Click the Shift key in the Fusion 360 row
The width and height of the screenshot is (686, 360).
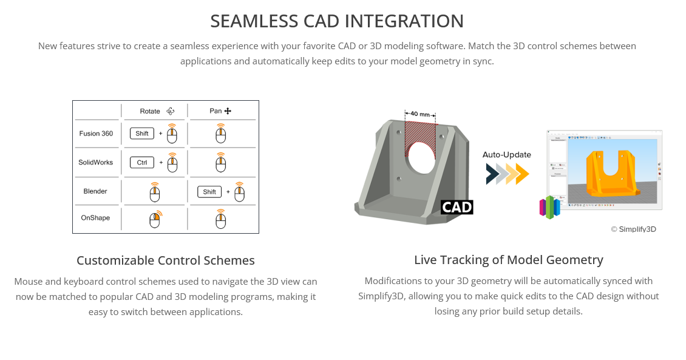142,134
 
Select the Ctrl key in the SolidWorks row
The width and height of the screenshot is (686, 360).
142,163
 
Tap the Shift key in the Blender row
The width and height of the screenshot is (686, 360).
209,192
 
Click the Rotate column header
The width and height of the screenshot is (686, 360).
150,111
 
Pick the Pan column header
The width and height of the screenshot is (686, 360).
216,111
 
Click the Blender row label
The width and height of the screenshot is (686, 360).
95,191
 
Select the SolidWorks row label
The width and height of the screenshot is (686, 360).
96,163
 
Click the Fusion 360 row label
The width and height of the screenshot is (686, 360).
96,134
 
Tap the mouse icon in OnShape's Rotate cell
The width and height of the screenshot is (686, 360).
155,220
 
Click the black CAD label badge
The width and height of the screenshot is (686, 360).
457,207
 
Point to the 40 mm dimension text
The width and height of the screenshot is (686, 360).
420,114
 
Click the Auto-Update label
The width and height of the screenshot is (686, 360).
507,155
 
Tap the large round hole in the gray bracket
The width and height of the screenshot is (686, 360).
420,155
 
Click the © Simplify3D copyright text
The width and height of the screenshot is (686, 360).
633,229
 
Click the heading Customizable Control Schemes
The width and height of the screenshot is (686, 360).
166,260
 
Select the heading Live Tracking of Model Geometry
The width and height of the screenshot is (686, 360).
509,260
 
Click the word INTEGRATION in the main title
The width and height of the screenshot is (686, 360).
405,21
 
